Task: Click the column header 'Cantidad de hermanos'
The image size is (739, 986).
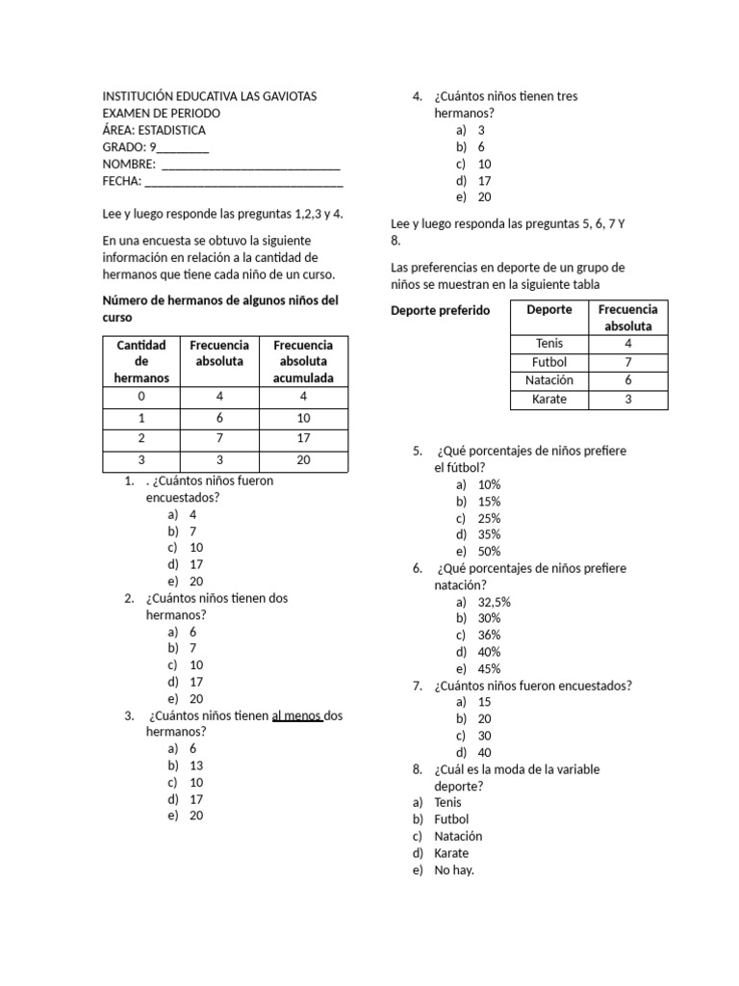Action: click(141, 361)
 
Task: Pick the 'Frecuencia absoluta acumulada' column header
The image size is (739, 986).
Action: click(303, 361)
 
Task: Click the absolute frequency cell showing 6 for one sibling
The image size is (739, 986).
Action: click(219, 418)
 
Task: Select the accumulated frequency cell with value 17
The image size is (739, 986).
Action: click(303, 439)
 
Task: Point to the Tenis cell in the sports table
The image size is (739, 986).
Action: click(549, 344)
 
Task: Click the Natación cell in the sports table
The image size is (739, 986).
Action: click(549, 380)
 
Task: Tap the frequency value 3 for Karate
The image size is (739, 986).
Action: click(628, 399)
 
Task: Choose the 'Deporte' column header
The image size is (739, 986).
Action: click(549, 310)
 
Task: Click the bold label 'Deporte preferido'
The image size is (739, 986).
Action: click(441, 311)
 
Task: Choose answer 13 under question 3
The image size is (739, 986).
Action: click(196, 765)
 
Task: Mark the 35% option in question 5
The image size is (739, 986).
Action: click(489, 534)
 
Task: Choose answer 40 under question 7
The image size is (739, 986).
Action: click(484, 752)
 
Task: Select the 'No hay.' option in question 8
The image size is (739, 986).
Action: click(454, 870)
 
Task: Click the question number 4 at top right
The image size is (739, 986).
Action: click(417, 96)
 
